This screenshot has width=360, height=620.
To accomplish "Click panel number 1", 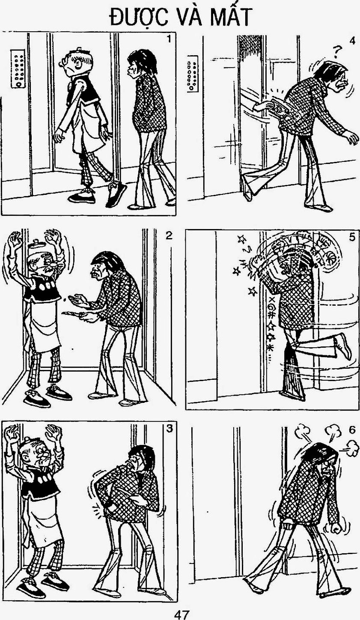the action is (169, 39).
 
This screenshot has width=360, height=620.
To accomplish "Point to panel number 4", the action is (352, 41).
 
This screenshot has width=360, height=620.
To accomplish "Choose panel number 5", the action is (352, 238).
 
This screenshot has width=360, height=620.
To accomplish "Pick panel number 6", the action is (351, 430).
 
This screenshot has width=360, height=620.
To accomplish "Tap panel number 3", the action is (169, 429).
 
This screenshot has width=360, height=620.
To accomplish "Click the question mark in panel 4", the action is (337, 51).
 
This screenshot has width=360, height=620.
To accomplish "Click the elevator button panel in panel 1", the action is (18, 69).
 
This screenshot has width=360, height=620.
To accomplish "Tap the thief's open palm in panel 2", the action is (77, 300).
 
